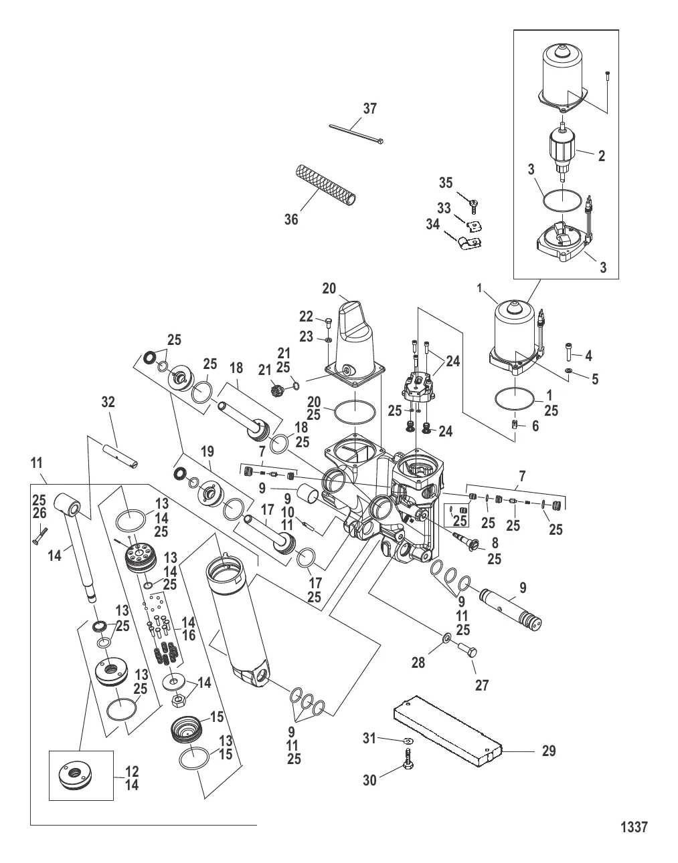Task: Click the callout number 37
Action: coord(370,108)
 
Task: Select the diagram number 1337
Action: coord(634,828)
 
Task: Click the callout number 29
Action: coord(548,751)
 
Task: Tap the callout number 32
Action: coord(108,402)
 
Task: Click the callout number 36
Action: coord(291,219)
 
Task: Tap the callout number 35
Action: coord(464,183)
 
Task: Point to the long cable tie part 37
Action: coord(356,133)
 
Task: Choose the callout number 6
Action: coord(535,426)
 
